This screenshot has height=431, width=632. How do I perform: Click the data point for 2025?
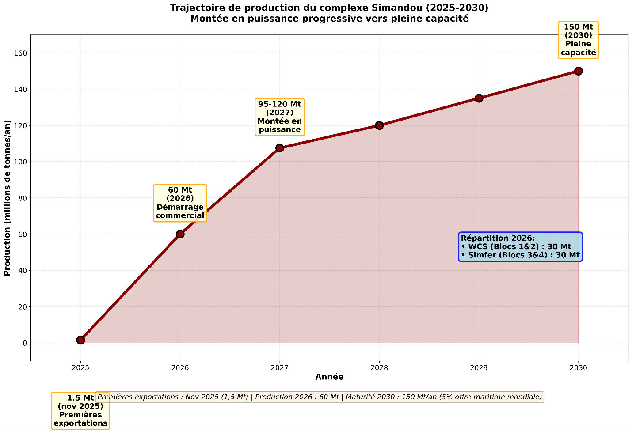coord(80,340)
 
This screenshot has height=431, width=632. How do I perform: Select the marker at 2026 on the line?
coord(180,234)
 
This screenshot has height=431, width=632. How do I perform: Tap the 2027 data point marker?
coord(279,148)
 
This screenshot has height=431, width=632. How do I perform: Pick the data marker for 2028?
coord(379,125)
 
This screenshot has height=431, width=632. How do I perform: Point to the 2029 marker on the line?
coord(479,98)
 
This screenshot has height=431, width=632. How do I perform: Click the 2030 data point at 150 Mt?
coord(578,71)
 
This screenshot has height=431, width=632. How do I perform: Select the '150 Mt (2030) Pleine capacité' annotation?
coord(578,40)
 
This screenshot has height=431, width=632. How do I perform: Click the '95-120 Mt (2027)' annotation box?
coord(279,117)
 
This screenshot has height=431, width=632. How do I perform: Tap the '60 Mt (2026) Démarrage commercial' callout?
coord(180,203)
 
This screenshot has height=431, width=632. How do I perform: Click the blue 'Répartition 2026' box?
coord(520,246)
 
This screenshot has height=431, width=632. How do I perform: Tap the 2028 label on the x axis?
coord(379,367)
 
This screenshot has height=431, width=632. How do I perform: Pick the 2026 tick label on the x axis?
coord(180,367)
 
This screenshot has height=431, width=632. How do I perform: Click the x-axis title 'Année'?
coord(329,377)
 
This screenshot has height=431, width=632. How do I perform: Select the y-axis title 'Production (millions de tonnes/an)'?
coord(7,198)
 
